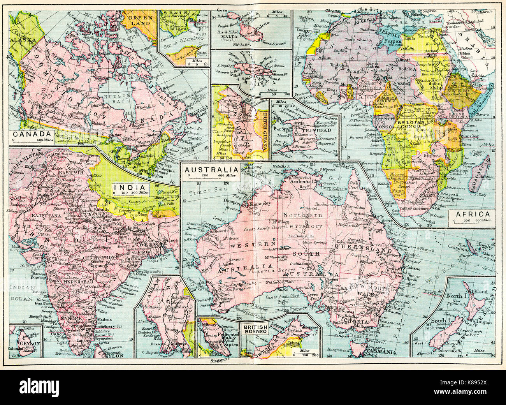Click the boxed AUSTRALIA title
coord(211,170)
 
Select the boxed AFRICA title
coord(470,214)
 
